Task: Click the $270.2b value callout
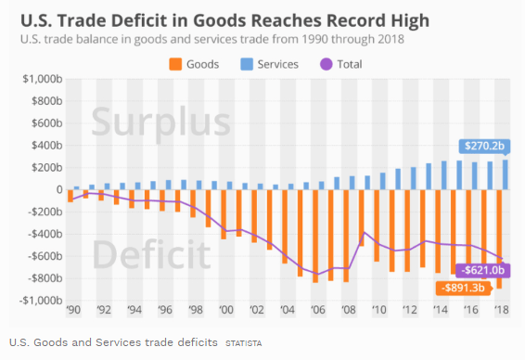pos(486,146)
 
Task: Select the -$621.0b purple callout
pos(482,270)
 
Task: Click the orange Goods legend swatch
pos(173,64)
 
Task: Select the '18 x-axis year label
pos(503,312)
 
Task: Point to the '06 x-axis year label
pos(316,312)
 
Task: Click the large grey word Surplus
pos(160,124)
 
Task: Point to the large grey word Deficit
pos(151,253)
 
